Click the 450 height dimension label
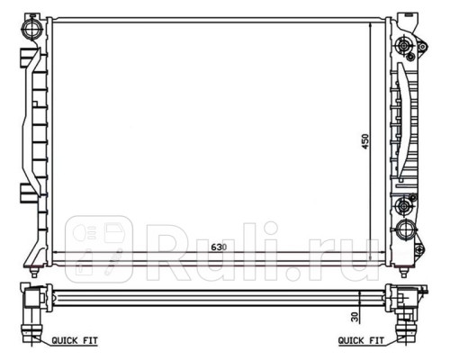pyautogui.click(x=365, y=141)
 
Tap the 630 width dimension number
pyautogui.click(x=219, y=247)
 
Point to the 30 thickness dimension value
pyautogui.click(x=355, y=317)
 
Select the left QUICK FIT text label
pyautogui.click(x=75, y=341)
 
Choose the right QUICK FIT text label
pyautogui.click(x=361, y=341)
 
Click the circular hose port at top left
pyautogui.click(x=31, y=29)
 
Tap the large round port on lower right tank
pyautogui.click(x=406, y=230)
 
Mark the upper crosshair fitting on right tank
pyautogui.click(x=404, y=46)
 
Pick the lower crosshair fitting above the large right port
pyautogui.click(x=403, y=206)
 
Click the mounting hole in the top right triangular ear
pyautogui.click(x=422, y=47)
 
